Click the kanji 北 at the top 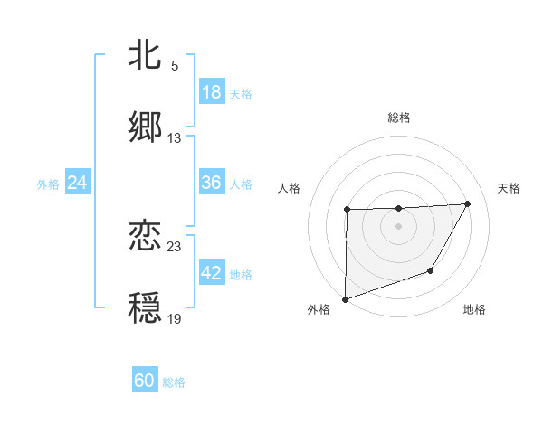click(x=146, y=56)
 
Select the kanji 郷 click(x=146, y=127)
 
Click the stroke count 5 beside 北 click(x=175, y=66)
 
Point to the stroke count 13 click(x=175, y=138)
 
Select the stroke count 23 click(x=175, y=245)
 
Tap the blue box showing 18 click(x=212, y=92)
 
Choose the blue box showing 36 click(x=212, y=183)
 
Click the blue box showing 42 click(x=212, y=274)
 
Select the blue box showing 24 click(x=78, y=183)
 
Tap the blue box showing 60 click(x=145, y=381)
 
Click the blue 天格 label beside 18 click(x=241, y=93)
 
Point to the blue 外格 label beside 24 click(x=48, y=184)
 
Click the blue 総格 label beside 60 click(x=174, y=382)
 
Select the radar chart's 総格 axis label click(x=399, y=118)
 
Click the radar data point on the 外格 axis click(x=345, y=299)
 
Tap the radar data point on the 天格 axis click(x=467, y=203)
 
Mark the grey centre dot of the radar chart click(x=398, y=225)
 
